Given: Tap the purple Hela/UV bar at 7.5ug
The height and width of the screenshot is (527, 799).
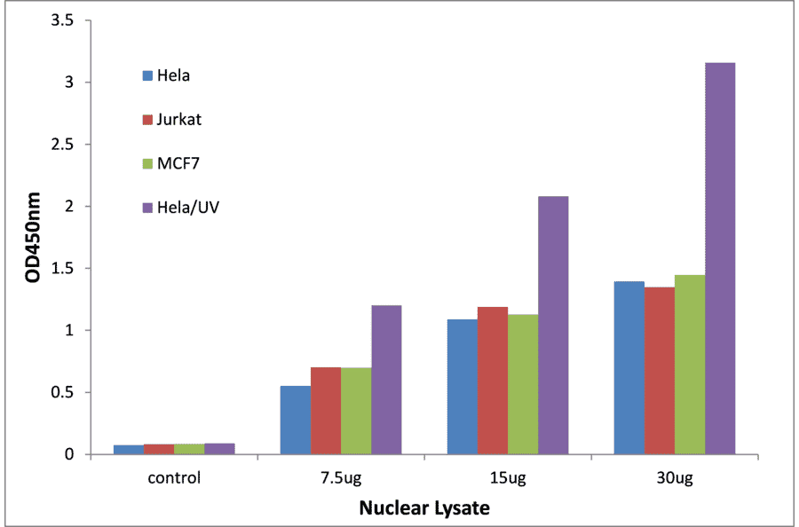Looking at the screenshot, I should click(386, 380).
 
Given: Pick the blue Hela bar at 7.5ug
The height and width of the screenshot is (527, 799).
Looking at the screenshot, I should click(296, 421).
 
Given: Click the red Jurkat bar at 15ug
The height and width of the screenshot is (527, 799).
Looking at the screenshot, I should click(493, 381).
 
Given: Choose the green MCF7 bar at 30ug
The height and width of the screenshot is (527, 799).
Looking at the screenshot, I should click(690, 365).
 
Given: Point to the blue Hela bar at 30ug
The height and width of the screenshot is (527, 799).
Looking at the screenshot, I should click(629, 368).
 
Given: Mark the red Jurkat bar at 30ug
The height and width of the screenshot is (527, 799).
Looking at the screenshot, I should click(660, 371).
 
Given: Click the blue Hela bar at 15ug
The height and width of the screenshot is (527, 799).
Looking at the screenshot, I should click(463, 387).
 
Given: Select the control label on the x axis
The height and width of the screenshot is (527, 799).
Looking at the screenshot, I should click(175, 478).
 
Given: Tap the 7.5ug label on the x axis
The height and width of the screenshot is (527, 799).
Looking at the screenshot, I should click(341, 478).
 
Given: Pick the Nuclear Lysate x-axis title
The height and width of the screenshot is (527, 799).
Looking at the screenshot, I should click(424, 509).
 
